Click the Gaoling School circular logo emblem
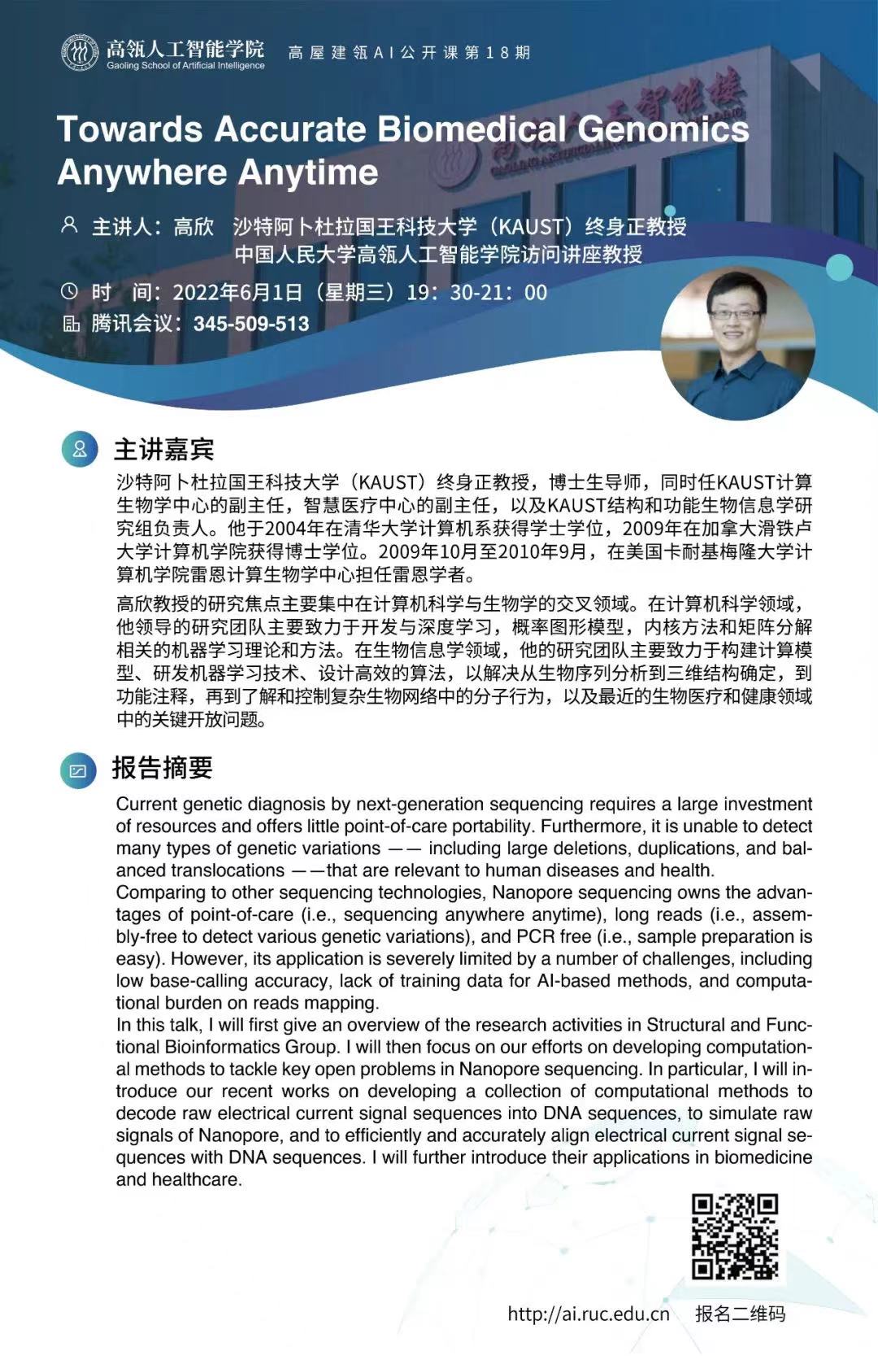[80, 53]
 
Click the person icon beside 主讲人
[70, 224]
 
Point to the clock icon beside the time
[70, 291]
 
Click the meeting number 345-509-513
[251, 324]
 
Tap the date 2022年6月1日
[237, 292]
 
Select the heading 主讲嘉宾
[163, 449]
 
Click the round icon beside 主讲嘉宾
[80, 449]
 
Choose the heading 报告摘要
[162, 768]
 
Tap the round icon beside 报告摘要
[78, 769]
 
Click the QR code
[735, 1236]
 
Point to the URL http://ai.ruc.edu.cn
[589, 1314]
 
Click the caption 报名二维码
[740, 1313]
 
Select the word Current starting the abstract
[146, 804]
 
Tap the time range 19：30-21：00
[476, 292]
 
